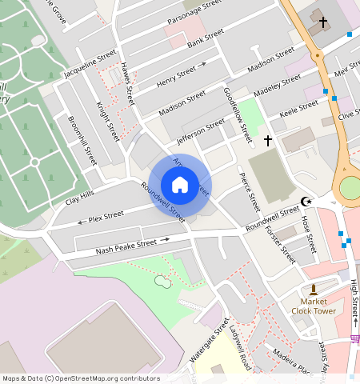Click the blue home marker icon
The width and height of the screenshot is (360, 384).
180,185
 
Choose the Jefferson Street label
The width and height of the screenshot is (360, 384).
201,129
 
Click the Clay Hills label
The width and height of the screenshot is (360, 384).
80,195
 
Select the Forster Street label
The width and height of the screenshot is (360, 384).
279,243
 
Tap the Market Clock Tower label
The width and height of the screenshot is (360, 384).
314,306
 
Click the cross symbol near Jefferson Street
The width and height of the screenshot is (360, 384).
267,140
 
